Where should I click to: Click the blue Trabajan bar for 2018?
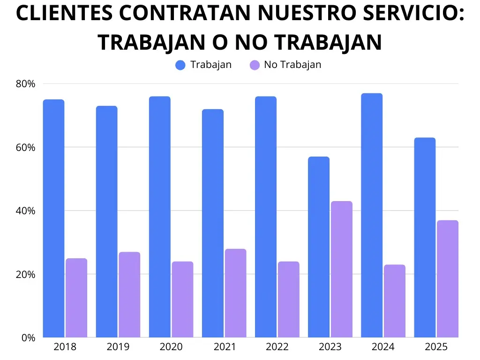[x=53, y=218]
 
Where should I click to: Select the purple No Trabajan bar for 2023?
[x=341, y=269]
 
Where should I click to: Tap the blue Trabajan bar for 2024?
[x=372, y=215]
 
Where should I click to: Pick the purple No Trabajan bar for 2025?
[x=447, y=279]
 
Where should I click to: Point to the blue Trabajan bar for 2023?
[x=319, y=247]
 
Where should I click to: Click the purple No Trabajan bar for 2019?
[x=129, y=294]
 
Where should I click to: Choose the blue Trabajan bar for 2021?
[x=213, y=223]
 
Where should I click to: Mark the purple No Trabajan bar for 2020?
[x=182, y=299]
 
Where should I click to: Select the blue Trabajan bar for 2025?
[x=425, y=237]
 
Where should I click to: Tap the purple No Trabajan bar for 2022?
[x=288, y=299]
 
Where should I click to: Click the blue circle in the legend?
[x=181, y=65]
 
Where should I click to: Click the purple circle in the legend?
[x=255, y=65]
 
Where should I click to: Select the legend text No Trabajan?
[x=292, y=65]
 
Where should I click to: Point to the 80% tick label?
[x=25, y=84]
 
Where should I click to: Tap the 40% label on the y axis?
[x=25, y=211]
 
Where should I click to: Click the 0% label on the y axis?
[x=28, y=337]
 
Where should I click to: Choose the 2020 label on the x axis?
[x=171, y=347]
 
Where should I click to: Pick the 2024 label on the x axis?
[x=383, y=347]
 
